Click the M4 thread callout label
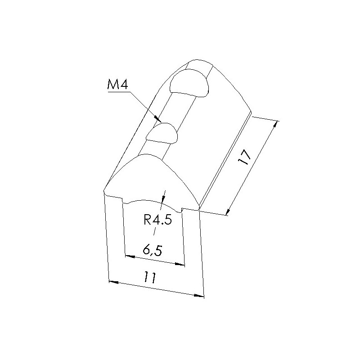[117, 85]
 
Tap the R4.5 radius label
[158, 220]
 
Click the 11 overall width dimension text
[149, 277]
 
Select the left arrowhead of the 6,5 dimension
[130, 256]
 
